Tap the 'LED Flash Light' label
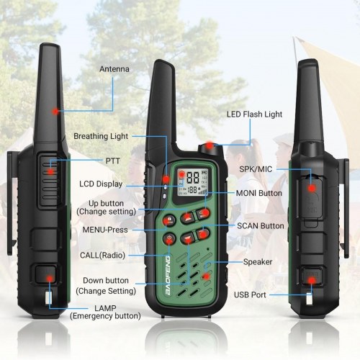[x=254, y=114]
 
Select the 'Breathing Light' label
[x=101, y=135]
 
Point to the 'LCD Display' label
[x=100, y=184]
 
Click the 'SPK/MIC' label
[x=256, y=168]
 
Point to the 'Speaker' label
[x=257, y=262]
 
